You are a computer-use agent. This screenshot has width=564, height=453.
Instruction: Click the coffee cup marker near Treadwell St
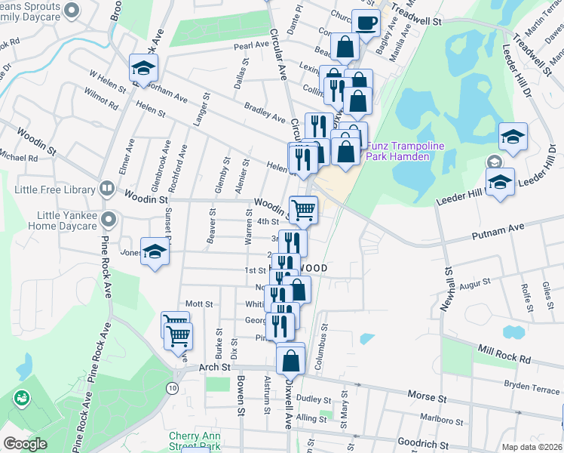point(366,23)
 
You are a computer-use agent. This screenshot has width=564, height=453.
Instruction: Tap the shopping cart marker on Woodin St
point(303,209)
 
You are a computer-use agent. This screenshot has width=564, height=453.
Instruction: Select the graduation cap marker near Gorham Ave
point(141,68)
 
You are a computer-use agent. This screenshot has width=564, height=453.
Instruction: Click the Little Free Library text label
point(51,189)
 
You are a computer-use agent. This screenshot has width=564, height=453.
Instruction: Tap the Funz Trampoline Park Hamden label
point(397,151)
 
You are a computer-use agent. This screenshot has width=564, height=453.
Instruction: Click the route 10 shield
point(173,387)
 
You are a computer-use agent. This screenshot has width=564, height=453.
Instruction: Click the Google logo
point(25,444)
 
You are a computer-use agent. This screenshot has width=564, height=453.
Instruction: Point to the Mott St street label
point(199,304)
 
